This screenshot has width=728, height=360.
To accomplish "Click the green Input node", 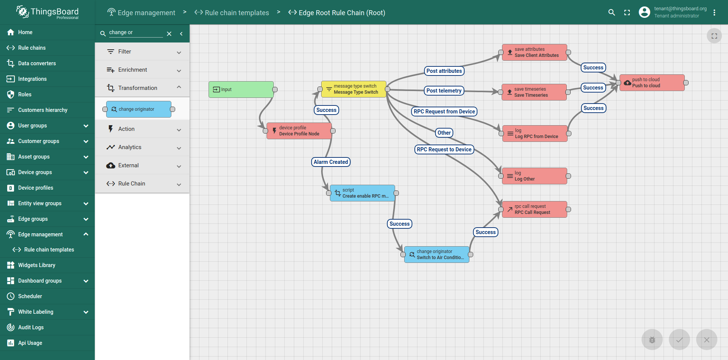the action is (241, 90).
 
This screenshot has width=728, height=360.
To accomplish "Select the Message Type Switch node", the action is (353, 89).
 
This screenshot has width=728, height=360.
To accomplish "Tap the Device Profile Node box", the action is (299, 131).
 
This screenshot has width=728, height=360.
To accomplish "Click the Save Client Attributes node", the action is (535, 52).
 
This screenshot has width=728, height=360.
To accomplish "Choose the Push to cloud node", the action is (652, 83).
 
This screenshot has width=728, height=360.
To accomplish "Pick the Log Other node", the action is (535, 176).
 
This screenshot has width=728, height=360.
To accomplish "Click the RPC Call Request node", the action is (535, 209).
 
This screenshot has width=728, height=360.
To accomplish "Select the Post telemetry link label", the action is (444, 91).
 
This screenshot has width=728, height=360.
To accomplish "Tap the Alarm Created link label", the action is (331, 162).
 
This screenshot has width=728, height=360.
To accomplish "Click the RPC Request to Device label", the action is (444, 149).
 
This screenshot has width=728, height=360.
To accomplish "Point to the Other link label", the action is (444, 133).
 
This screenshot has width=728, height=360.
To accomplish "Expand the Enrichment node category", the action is (142, 70).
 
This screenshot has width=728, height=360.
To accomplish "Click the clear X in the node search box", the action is (169, 34).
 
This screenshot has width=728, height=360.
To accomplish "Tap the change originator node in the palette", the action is (139, 109).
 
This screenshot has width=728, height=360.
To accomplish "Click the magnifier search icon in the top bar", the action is (612, 13).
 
